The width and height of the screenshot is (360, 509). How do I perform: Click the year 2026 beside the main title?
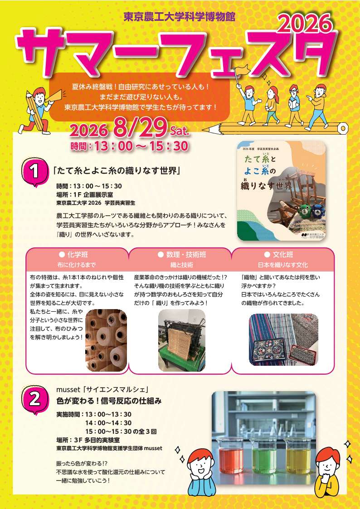306,24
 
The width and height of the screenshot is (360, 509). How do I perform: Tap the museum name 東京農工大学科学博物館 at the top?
180,17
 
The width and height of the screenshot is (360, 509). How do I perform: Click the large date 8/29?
140,127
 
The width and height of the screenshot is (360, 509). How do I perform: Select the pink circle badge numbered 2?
34,399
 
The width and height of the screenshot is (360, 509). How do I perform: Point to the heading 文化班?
283,255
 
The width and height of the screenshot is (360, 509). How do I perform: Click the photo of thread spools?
106,340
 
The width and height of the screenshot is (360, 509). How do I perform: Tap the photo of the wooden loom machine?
182,340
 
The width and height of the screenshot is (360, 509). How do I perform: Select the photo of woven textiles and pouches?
283,339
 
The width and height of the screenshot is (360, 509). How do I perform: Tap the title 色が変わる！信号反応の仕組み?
109,401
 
